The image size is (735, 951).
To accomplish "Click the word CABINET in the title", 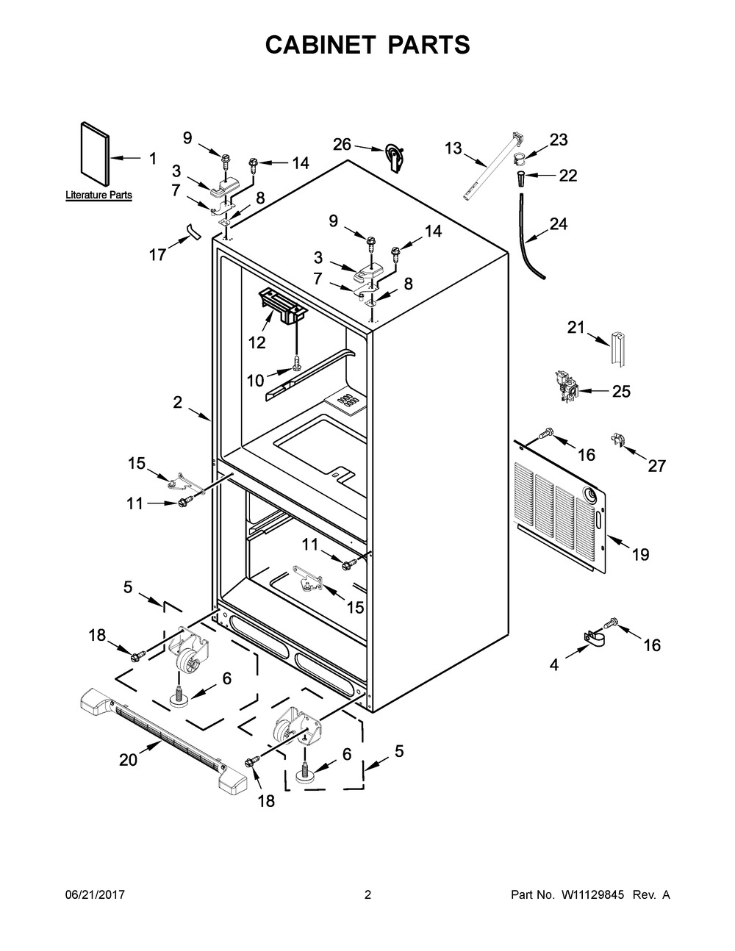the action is click(x=320, y=45).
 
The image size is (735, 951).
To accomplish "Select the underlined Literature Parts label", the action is click(x=98, y=195).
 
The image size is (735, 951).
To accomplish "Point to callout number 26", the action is click(x=342, y=144).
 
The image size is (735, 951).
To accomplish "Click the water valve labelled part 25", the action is click(x=566, y=386).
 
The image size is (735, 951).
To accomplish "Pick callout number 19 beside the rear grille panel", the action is click(x=640, y=555).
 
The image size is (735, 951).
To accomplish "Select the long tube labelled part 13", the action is click(x=491, y=165).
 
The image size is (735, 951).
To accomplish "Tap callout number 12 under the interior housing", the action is click(x=257, y=342).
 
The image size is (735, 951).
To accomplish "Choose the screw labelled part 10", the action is click(x=297, y=362).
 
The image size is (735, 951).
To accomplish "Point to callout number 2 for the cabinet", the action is click(x=177, y=402).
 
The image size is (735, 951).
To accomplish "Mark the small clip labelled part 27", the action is click(x=617, y=439).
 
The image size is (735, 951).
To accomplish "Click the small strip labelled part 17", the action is click(x=191, y=231).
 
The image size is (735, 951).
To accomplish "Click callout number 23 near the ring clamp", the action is click(x=559, y=140).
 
